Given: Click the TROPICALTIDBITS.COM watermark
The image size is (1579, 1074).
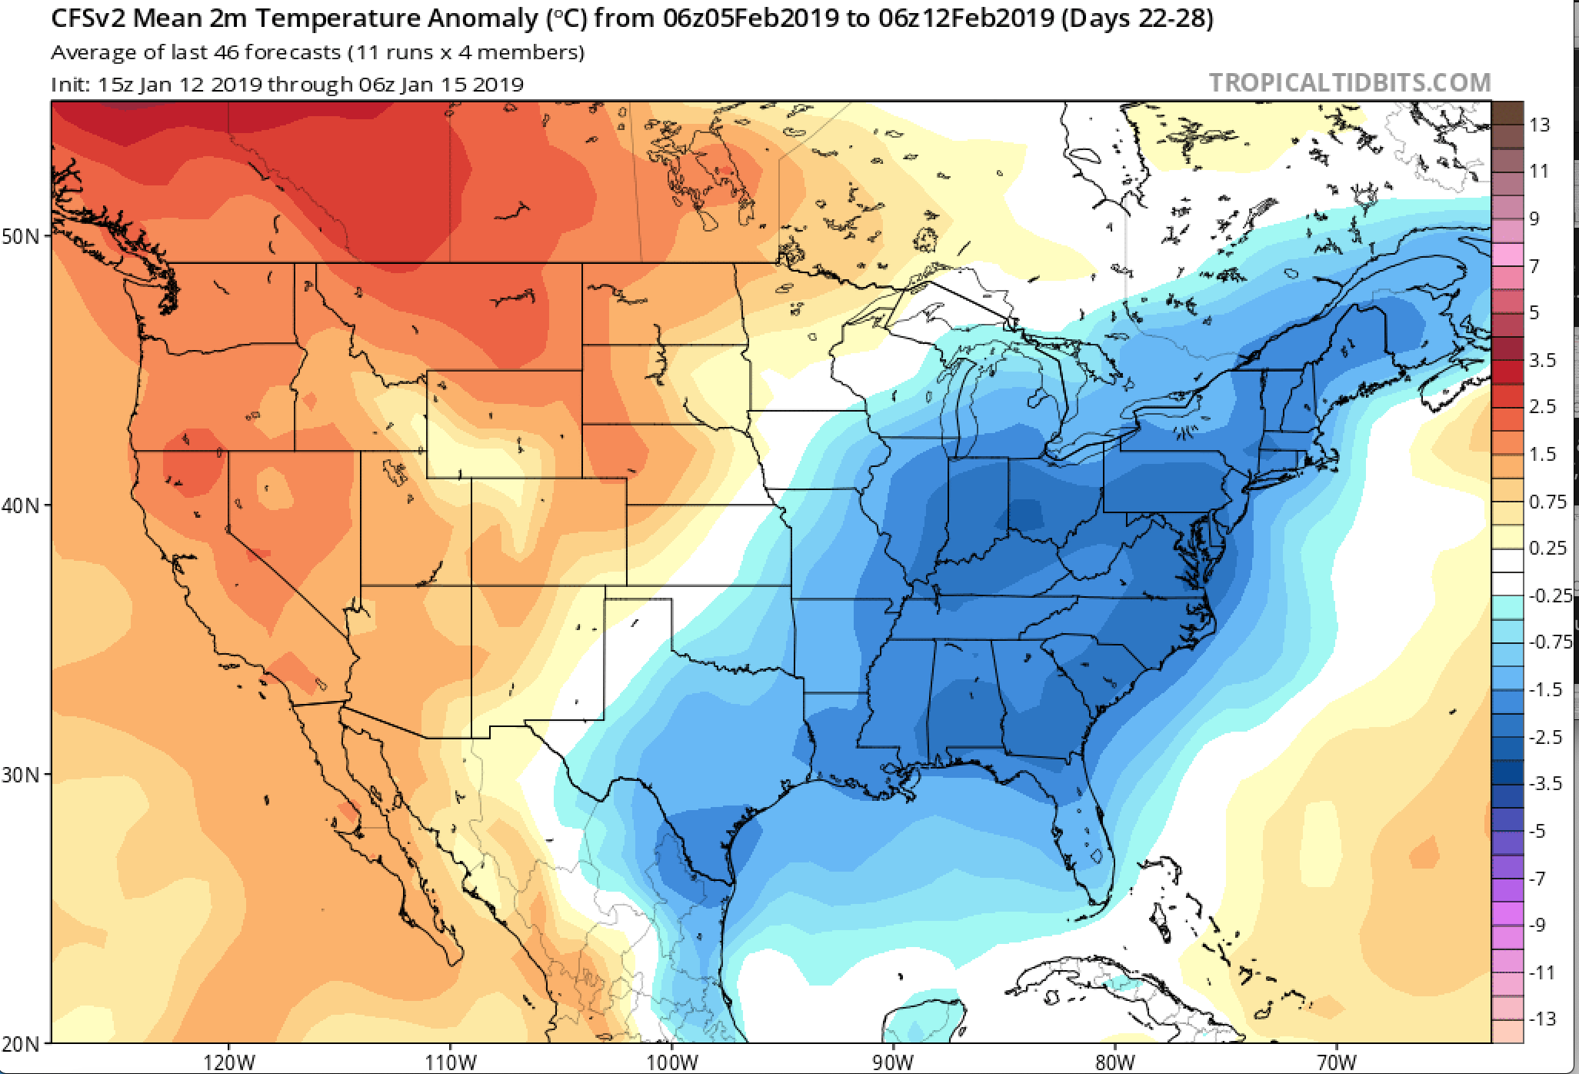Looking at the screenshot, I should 1350,82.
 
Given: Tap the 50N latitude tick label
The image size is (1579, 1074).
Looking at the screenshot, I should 21,236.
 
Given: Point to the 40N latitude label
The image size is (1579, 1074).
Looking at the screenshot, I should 21,505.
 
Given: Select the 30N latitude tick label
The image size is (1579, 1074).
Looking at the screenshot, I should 21,775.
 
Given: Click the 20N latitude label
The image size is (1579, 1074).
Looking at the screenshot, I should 21,1044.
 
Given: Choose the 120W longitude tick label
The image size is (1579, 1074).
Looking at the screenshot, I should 229,1062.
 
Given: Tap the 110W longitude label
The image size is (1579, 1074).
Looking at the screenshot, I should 451,1062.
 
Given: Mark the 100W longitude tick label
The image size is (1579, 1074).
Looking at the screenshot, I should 672,1062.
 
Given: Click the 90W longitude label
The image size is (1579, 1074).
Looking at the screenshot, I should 893,1062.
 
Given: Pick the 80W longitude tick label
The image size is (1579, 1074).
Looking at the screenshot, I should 1115,1062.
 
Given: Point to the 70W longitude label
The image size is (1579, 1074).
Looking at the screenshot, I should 1336,1062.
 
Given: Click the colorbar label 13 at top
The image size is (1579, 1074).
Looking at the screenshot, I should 1540,125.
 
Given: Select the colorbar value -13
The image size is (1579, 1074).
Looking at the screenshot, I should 1541,1019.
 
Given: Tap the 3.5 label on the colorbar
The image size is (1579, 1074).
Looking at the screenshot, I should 1542,360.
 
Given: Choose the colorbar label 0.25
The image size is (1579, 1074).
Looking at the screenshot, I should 1547,548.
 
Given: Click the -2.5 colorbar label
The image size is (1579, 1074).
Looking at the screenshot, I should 1545,737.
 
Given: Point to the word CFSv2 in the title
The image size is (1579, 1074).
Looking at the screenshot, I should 87,18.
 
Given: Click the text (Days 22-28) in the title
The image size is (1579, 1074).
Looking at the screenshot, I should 1137,18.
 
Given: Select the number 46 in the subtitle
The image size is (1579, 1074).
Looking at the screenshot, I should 228,52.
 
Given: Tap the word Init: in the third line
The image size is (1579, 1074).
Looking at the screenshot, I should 71,84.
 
